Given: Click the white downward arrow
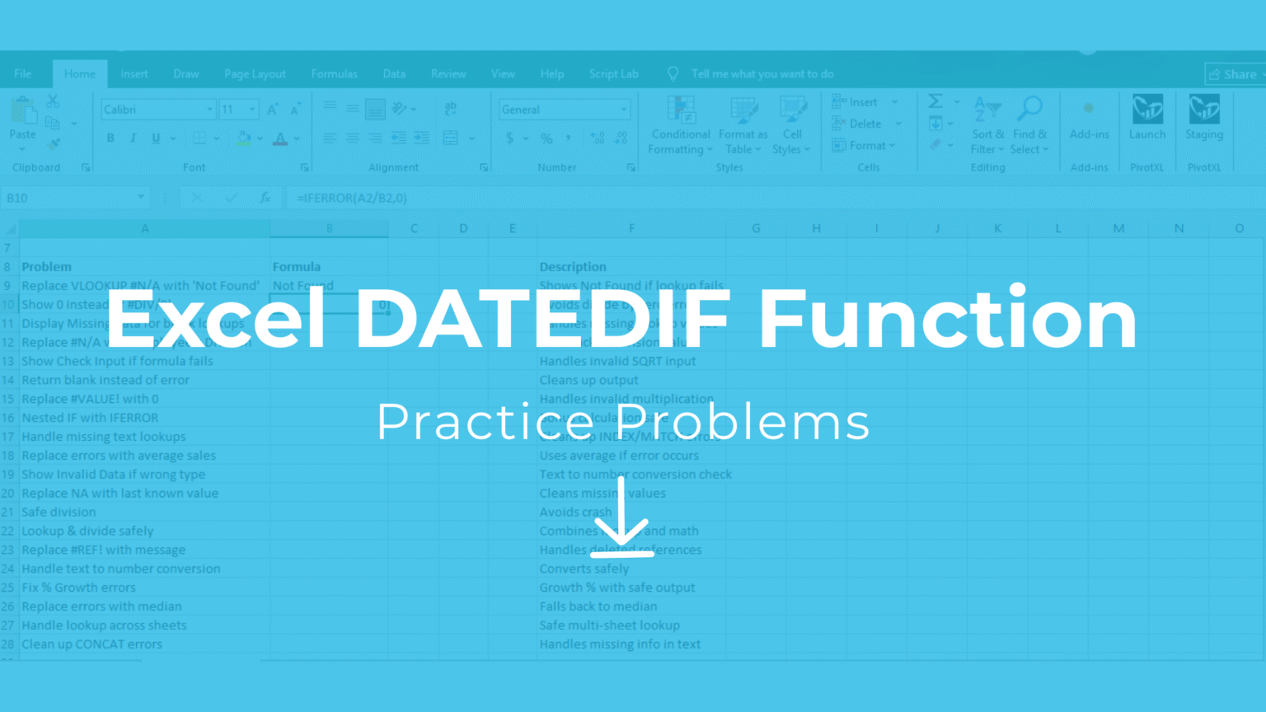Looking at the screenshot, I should tap(621, 519).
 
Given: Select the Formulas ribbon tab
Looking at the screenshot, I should tap(334, 74).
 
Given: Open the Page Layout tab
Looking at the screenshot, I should tap(255, 74).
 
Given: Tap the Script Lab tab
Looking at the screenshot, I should tap(613, 74).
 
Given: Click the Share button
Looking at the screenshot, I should tap(1234, 74).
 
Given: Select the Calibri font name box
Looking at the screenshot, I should tap(154, 110).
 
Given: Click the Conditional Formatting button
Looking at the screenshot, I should tap(679, 125).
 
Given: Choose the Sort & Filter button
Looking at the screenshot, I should tap(987, 125).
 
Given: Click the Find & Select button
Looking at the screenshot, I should tap(1030, 125).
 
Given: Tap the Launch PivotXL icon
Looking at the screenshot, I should tap(1147, 118).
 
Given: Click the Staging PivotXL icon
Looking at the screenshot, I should tap(1204, 118).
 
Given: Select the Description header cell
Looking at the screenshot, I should tap(573, 267).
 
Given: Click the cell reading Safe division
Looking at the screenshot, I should tap(59, 512).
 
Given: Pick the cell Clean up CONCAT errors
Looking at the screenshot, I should tap(91, 644).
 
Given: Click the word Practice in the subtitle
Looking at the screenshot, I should tap(483, 421).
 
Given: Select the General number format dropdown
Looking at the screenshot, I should tap(564, 110).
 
